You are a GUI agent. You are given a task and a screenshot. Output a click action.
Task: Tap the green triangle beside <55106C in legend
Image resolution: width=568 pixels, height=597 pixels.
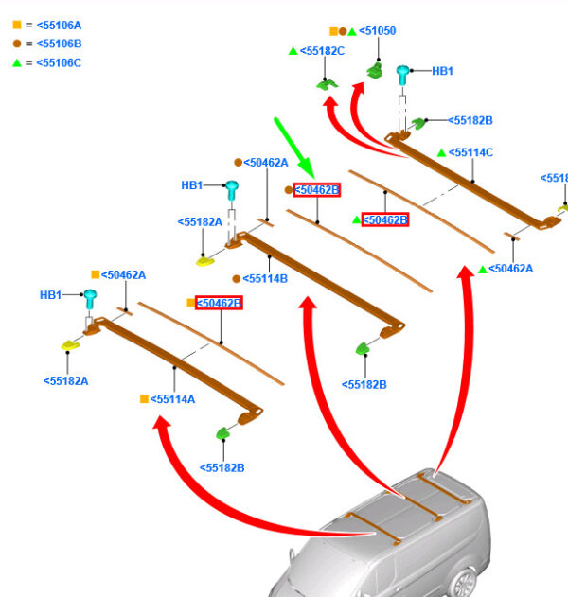click(16, 62)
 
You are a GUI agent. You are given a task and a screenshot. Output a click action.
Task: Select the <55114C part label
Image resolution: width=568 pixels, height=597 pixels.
click(470, 152)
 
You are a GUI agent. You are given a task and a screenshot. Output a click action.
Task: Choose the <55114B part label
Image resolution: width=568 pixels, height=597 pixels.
click(265, 279)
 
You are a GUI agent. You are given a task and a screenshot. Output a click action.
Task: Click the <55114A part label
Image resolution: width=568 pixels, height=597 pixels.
click(173, 399)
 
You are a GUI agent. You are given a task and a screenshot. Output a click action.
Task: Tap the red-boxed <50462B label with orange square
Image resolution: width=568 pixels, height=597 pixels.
click(218, 303)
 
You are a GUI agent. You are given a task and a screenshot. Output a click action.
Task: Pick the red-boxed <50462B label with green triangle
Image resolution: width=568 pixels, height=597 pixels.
click(385, 219)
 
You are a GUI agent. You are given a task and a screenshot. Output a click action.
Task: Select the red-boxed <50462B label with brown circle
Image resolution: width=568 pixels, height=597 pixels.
click(316, 190)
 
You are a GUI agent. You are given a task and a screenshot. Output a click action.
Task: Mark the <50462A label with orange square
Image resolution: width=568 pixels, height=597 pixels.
click(123, 274)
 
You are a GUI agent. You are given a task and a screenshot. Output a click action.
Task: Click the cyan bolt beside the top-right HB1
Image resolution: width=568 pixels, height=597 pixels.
click(402, 73)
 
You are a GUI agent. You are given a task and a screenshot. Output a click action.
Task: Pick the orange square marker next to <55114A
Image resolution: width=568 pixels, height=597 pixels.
click(144, 399)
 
